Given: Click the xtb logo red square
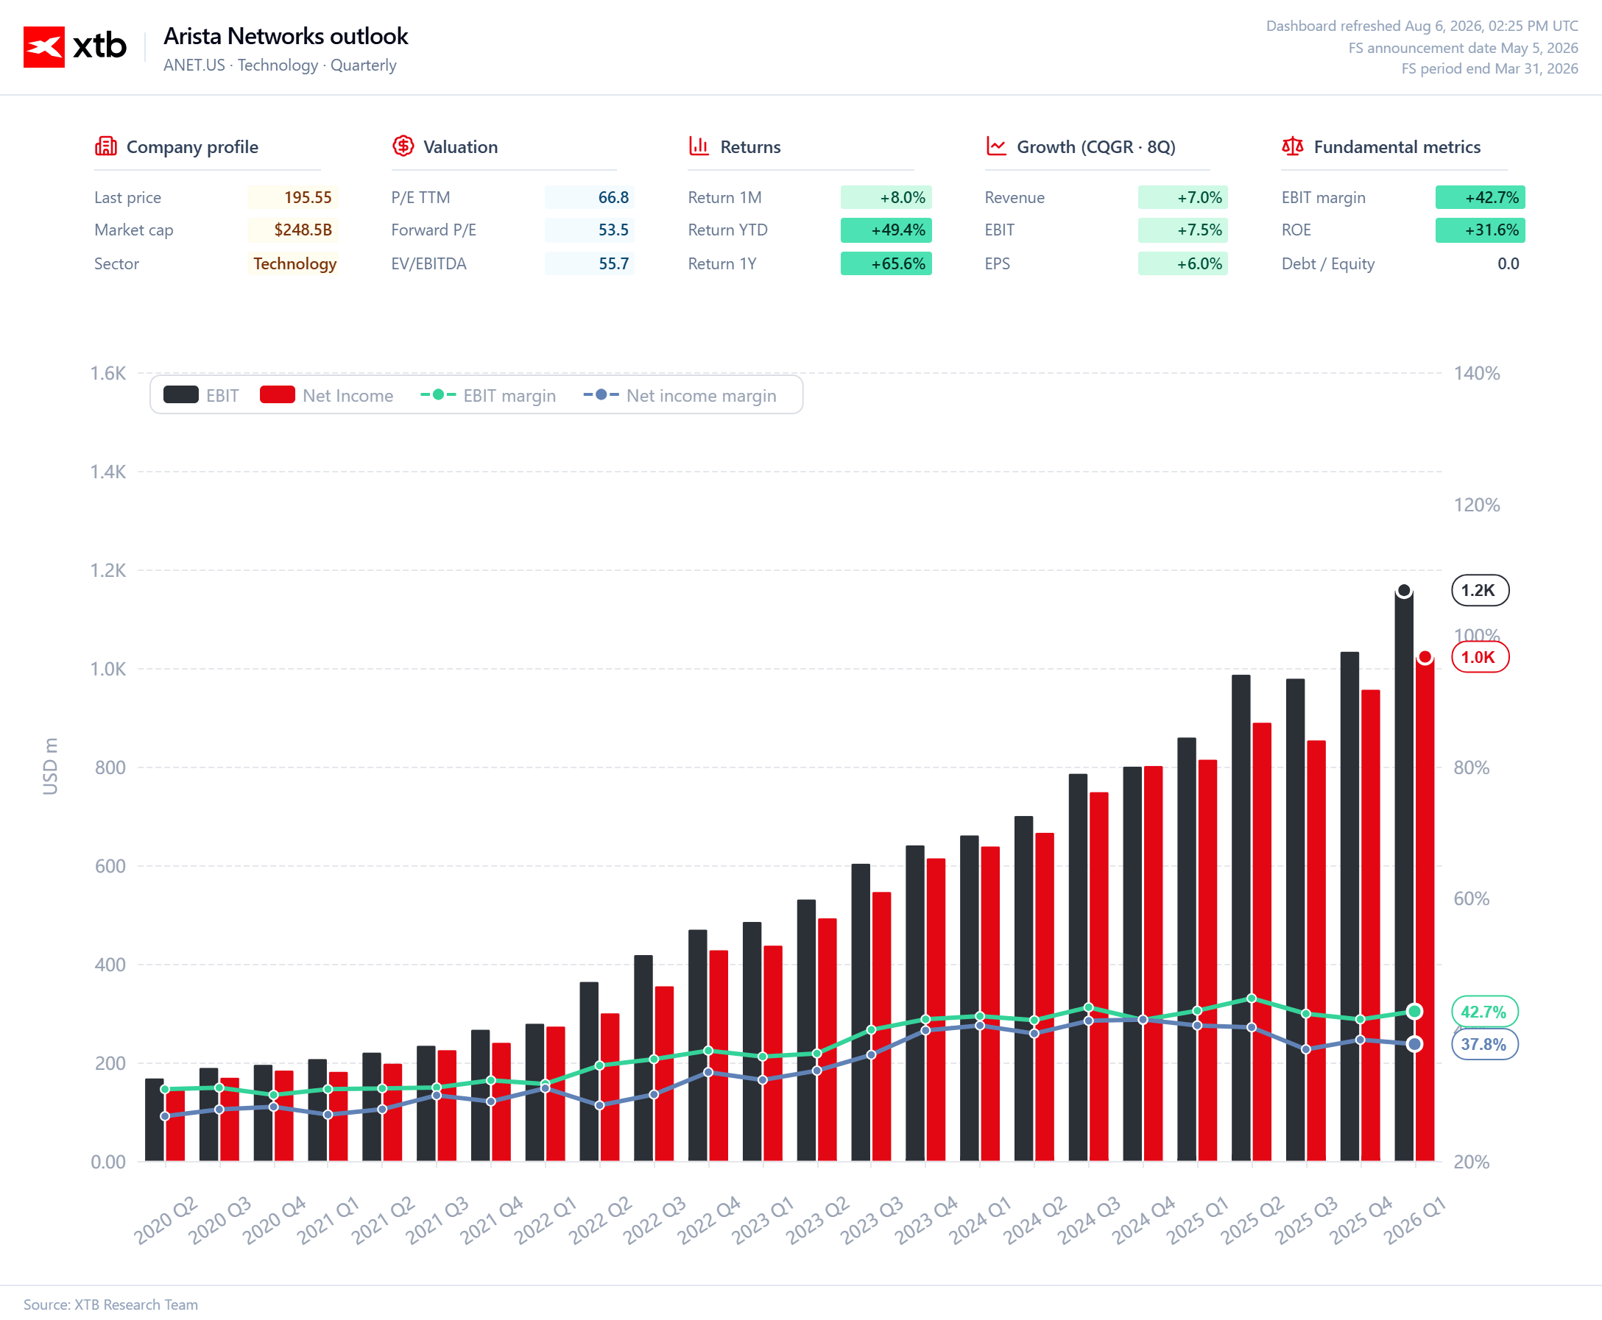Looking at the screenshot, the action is (43, 47).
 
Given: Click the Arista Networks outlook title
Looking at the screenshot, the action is (285, 36).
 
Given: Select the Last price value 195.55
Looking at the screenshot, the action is (307, 198).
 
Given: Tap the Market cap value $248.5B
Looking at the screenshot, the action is (303, 230).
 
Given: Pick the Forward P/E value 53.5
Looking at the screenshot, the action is (613, 230).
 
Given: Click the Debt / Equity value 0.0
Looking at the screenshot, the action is (1508, 264).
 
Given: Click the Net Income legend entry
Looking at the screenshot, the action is (326, 395).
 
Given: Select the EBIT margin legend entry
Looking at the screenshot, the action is (487, 395).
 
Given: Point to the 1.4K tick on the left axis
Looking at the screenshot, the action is (108, 472).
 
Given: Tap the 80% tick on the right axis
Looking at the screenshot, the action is (1471, 767).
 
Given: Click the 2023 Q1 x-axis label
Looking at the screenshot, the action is (763, 1219).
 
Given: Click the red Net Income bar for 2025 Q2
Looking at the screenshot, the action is (1261, 942).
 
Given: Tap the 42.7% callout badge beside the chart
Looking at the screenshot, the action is (1484, 1011).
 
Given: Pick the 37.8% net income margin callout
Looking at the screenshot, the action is (1484, 1044).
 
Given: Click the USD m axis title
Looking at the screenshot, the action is (50, 767).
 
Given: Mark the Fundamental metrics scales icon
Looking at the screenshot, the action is (1292, 146).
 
